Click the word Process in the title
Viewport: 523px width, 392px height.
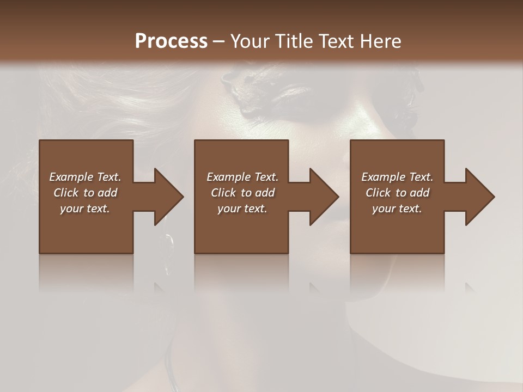click(x=171, y=41)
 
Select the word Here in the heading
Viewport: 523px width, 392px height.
click(x=381, y=41)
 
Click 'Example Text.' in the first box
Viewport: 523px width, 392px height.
click(x=85, y=177)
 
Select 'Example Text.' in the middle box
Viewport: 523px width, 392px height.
click(x=242, y=177)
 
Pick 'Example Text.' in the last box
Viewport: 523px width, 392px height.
click(x=397, y=177)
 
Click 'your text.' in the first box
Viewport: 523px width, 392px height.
click(x=85, y=209)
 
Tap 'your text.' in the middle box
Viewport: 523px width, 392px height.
click(x=242, y=209)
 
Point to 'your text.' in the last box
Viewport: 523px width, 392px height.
click(x=397, y=209)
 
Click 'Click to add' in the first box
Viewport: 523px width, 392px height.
click(x=85, y=193)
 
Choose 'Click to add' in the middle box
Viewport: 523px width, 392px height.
click(x=242, y=193)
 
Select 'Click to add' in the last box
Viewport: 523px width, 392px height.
click(x=397, y=193)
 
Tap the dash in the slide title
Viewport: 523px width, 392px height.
click(x=218, y=42)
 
